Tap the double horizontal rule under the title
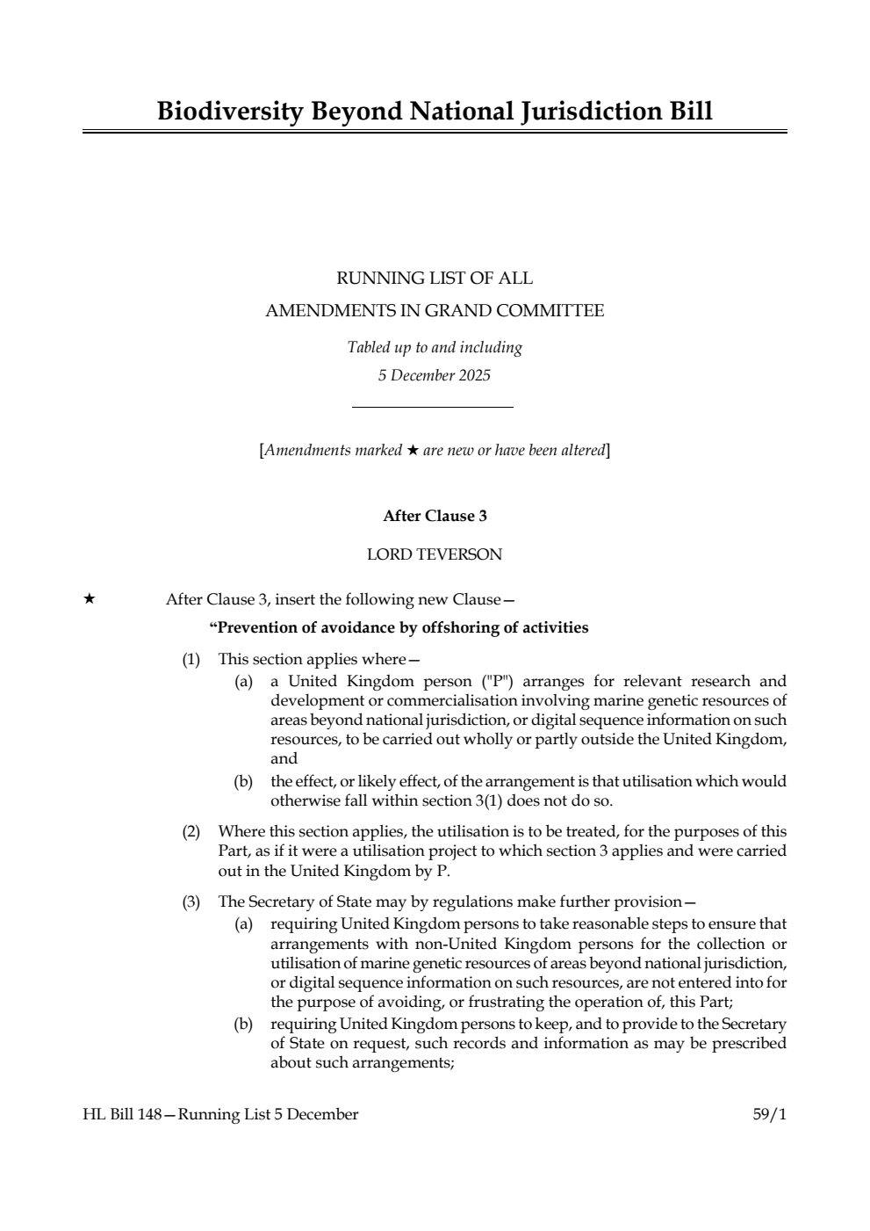point(435,132)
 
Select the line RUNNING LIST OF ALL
point(435,279)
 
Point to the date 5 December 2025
point(435,376)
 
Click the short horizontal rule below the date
point(432,407)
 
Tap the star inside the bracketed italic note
point(412,451)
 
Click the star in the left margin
point(89,599)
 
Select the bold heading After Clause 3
point(435,517)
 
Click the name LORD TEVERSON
point(435,554)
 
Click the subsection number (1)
point(191,659)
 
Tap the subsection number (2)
point(191,831)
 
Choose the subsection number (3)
point(191,902)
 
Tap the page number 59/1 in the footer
point(769,1115)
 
